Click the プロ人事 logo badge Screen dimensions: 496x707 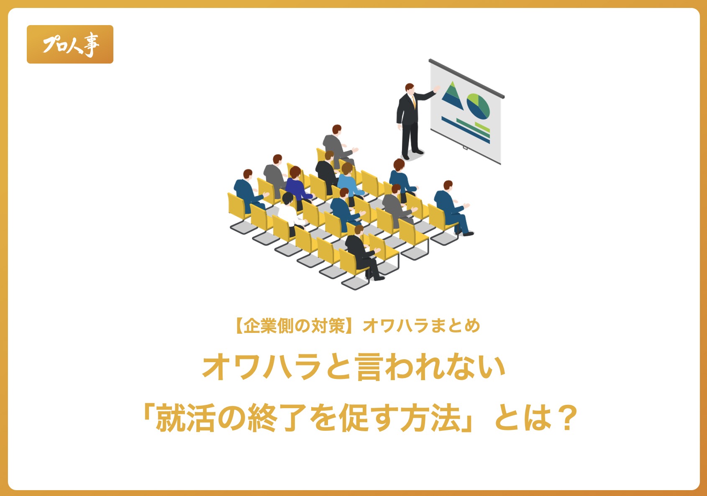[70, 44]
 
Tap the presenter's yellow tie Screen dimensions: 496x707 [414, 101]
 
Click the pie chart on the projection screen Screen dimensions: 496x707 [478, 106]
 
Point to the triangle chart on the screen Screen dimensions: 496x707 [452, 96]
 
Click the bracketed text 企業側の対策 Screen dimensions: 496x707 [295, 326]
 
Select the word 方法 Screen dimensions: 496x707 [431, 418]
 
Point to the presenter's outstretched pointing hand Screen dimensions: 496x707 [437, 89]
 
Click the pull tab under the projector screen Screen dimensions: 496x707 [465, 147]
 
